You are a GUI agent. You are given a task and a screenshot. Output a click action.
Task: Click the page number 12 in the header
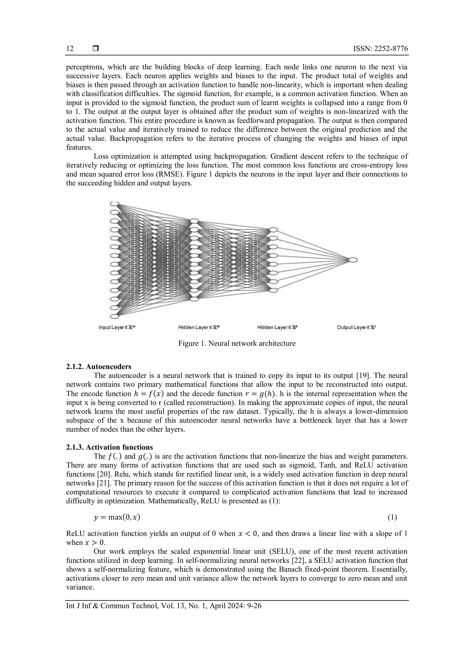70,49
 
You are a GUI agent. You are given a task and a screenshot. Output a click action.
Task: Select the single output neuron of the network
353,260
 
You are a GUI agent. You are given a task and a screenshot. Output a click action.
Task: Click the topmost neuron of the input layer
114,203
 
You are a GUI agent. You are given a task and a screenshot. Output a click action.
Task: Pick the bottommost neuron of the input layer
114,316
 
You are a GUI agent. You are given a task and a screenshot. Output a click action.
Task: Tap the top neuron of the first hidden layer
194,221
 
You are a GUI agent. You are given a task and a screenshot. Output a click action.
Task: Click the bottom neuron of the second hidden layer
273,290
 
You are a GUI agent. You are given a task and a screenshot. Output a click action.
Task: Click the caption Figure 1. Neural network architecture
237,343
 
